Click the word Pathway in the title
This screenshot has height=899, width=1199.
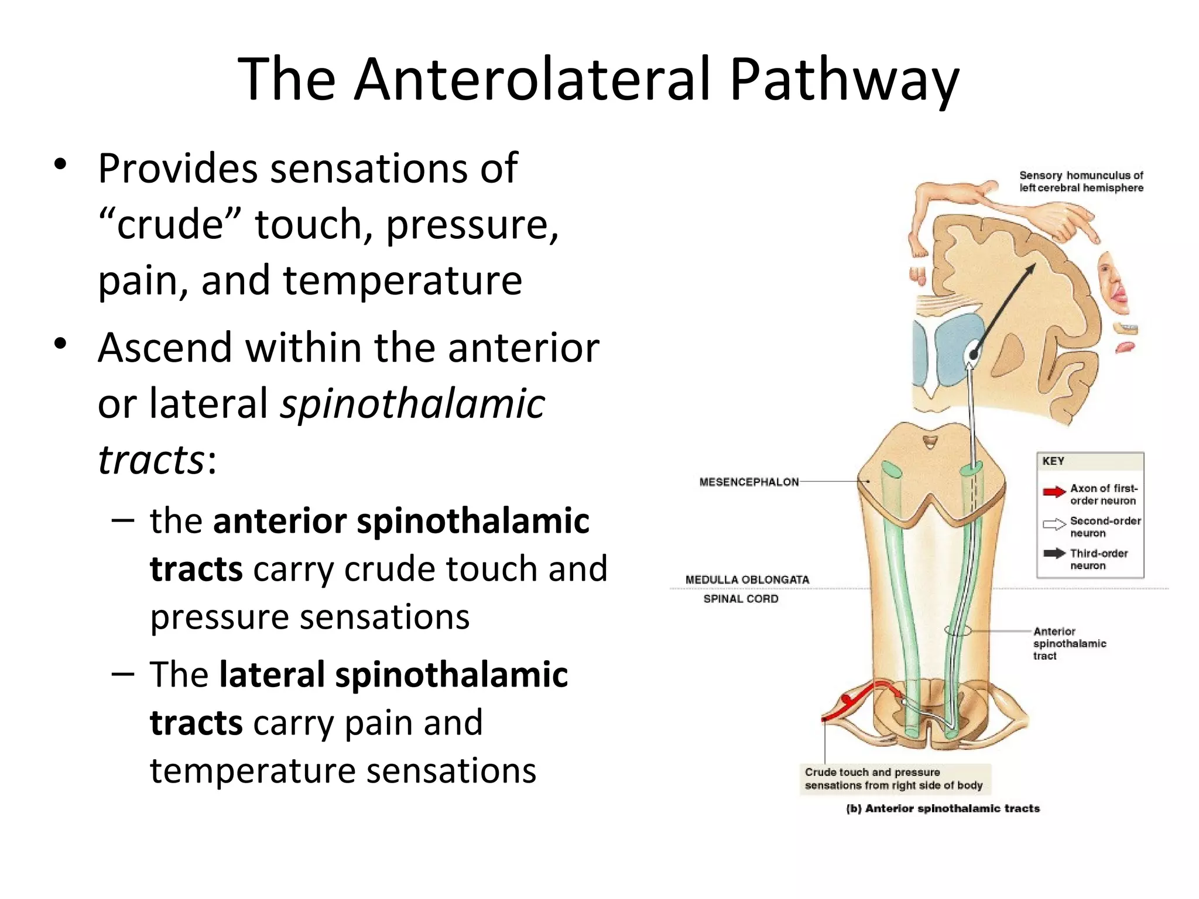pyautogui.click(x=843, y=80)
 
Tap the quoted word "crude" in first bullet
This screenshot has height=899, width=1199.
pyautogui.click(x=170, y=225)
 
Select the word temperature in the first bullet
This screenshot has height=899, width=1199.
pyautogui.click(x=402, y=281)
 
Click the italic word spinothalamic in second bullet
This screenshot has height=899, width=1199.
pyautogui.click(x=412, y=404)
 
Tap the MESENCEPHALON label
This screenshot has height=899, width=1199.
pyautogui.click(x=749, y=482)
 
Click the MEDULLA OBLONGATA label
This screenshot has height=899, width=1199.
pyautogui.click(x=747, y=579)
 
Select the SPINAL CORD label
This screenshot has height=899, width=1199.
pyautogui.click(x=741, y=599)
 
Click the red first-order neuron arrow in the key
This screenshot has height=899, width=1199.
pyautogui.click(x=1054, y=492)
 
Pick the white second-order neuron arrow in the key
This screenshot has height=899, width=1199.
pyautogui.click(x=1054, y=524)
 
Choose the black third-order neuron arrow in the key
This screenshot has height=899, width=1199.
pyautogui.click(x=1054, y=554)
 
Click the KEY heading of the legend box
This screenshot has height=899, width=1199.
pyautogui.click(x=1053, y=461)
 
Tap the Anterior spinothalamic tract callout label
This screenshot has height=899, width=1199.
pyautogui.click(x=1069, y=643)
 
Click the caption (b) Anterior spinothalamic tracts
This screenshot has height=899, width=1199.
pyautogui.click(x=943, y=808)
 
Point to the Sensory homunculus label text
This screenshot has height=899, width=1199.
pyautogui.click(x=1081, y=181)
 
